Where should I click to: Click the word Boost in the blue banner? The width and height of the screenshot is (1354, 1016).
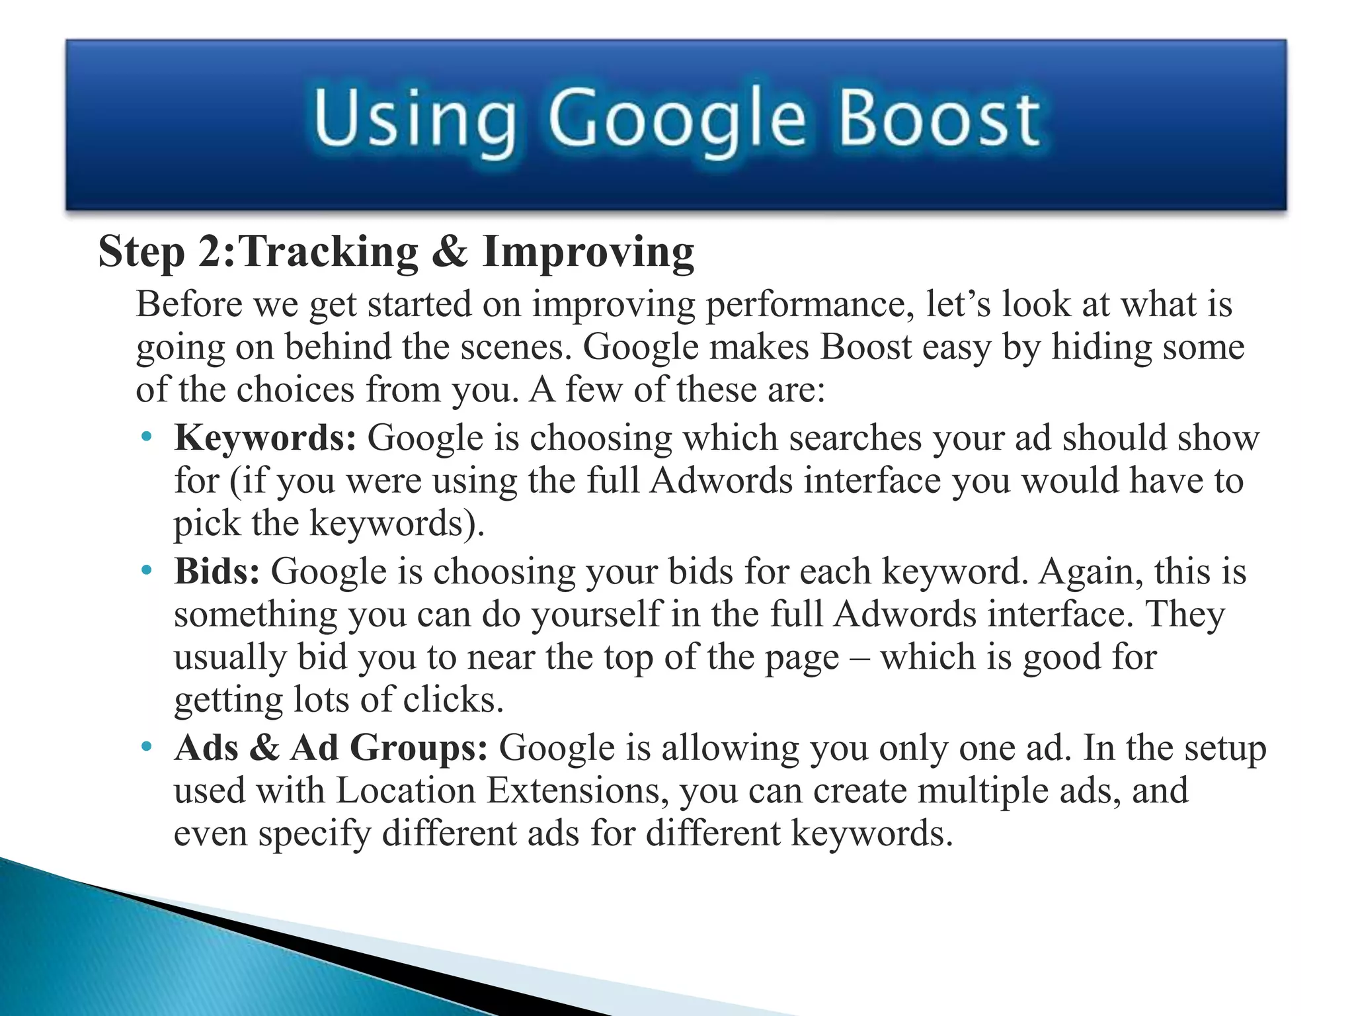click(939, 119)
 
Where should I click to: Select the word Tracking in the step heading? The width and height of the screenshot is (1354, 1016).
click(328, 252)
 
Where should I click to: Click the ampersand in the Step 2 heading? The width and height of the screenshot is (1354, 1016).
click(450, 252)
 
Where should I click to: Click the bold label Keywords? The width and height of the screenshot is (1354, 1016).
click(265, 438)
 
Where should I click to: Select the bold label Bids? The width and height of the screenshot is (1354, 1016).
click(217, 571)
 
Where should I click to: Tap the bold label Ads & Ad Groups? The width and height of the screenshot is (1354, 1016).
click(331, 748)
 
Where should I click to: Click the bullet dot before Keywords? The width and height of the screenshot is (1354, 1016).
click(147, 437)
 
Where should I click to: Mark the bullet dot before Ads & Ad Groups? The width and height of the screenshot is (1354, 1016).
click(147, 747)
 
